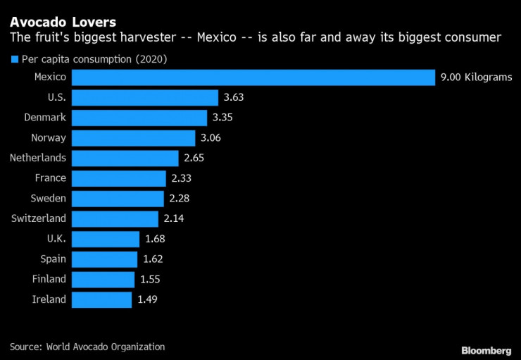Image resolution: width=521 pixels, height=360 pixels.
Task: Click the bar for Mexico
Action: tap(253, 77)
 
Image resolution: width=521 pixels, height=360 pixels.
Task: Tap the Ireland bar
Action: tap(101, 299)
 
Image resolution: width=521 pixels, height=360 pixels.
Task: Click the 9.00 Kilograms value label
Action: tap(476, 77)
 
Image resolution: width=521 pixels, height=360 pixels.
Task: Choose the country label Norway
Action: tap(49, 137)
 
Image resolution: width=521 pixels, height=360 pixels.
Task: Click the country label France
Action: tap(50, 178)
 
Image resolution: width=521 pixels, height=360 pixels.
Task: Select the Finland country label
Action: tap(49, 279)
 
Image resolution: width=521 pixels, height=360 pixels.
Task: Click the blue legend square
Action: tap(13, 59)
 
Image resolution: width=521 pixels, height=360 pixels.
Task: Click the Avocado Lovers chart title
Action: tap(63, 23)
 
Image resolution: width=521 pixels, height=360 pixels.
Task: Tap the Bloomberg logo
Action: tap(486, 350)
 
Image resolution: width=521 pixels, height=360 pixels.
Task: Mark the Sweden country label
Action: tap(49, 198)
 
